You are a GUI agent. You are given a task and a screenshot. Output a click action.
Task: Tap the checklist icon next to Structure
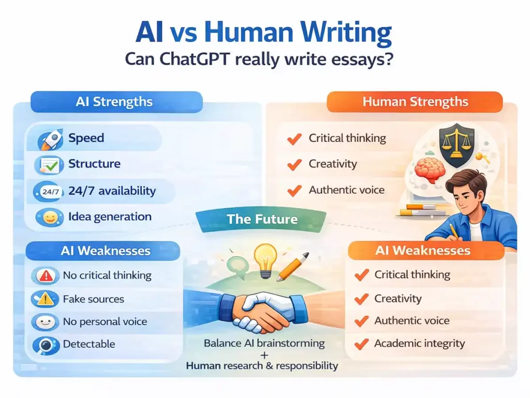(49, 165)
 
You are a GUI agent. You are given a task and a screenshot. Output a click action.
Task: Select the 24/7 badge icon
(50, 192)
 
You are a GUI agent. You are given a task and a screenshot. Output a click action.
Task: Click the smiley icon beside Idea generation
(49, 218)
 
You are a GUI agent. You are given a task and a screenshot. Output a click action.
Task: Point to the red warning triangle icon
(46, 276)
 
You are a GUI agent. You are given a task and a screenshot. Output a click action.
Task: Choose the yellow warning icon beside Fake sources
(46, 299)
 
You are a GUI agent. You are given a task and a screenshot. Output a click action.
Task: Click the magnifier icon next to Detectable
(46, 345)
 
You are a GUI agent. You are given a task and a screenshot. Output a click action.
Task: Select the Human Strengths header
(415, 102)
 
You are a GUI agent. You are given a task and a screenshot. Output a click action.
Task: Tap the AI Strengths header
(114, 102)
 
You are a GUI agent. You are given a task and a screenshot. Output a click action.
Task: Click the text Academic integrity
(420, 344)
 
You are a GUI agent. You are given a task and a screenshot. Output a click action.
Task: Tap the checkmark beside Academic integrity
(361, 344)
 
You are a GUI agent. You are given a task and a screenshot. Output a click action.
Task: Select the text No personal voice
(105, 322)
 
